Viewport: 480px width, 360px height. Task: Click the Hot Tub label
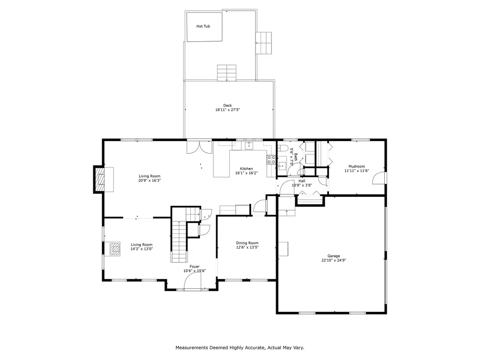click(x=203, y=26)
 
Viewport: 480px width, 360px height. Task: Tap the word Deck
click(x=227, y=105)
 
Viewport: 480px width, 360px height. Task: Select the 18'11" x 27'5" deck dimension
click(x=227, y=110)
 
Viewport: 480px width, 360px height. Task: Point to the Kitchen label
click(x=247, y=169)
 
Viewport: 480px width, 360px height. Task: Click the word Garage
click(x=334, y=256)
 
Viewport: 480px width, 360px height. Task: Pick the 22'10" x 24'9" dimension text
click(x=334, y=261)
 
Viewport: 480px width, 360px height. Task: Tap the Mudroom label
click(x=357, y=166)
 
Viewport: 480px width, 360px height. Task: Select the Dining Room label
click(x=247, y=243)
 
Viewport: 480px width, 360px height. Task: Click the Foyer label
click(x=195, y=267)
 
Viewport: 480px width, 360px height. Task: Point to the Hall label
click(x=302, y=181)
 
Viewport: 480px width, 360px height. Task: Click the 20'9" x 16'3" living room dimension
click(x=150, y=180)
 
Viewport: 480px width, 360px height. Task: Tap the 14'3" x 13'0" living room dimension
click(x=142, y=249)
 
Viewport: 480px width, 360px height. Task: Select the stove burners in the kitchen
click(x=271, y=159)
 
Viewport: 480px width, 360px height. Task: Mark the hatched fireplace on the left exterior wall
click(x=99, y=180)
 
